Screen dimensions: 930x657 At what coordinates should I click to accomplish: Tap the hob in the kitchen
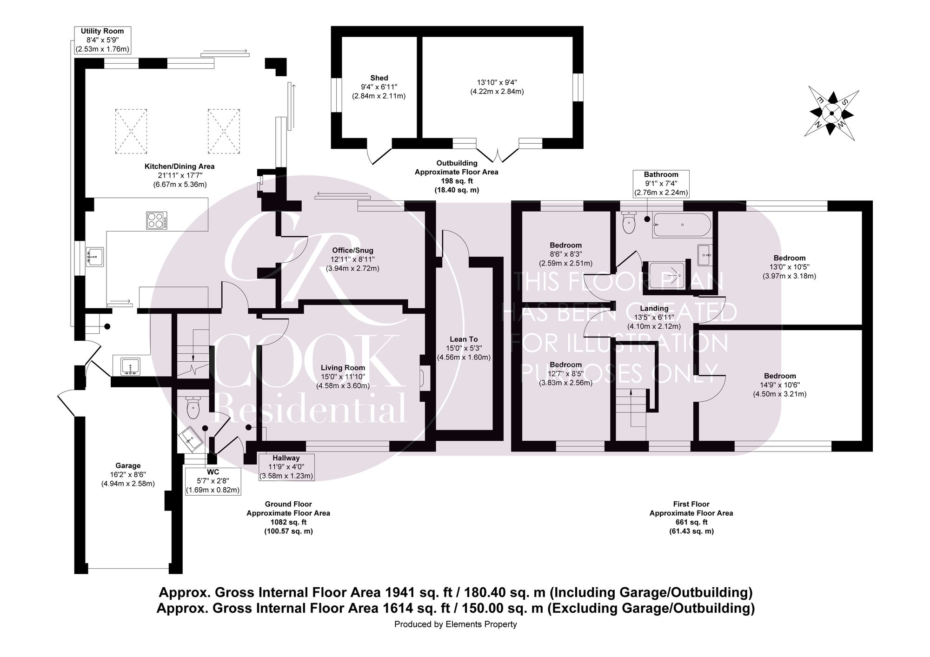pyautogui.click(x=157, y=220)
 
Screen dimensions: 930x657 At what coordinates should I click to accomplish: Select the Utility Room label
pyautogui.click(x=102, y=31)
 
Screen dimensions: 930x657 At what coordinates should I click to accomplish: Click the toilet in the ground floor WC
pyautogui.click(x=193, y=407)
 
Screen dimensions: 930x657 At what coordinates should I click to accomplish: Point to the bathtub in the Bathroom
pyautogui.click(x=682, y=225)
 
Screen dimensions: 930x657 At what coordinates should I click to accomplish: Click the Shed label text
pyautogui.click(x=379, y=78)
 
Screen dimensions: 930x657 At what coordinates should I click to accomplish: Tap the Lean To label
pyautogui.click(x=464, y=339)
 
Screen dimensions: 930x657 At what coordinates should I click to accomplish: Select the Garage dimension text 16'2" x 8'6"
pyautogui.click(x=128, y=475)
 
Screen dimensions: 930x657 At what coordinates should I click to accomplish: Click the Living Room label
pyautogui.click(x=343, y=368)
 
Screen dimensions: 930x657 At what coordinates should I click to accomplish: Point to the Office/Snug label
pyautogui.click(x=352, y=251)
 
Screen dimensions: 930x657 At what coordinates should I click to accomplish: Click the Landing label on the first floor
pyautogui.click(x=654, y=308)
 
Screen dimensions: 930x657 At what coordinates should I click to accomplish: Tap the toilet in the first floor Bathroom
pyautogui.click(x=628, y=224)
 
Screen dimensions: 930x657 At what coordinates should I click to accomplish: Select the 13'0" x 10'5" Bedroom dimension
pyautogui.click(x=789, y=267)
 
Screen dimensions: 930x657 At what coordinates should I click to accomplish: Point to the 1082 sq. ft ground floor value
pyautogui.click(x=288, y=522)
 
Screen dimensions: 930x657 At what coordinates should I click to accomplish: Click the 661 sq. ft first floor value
pyautogui.click(x=691, y=522)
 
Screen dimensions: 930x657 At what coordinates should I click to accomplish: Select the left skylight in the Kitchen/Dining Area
pyautogui.click(x=131, y=131)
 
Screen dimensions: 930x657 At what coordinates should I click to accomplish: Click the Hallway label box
pyautogui.click(x=286, y=467)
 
